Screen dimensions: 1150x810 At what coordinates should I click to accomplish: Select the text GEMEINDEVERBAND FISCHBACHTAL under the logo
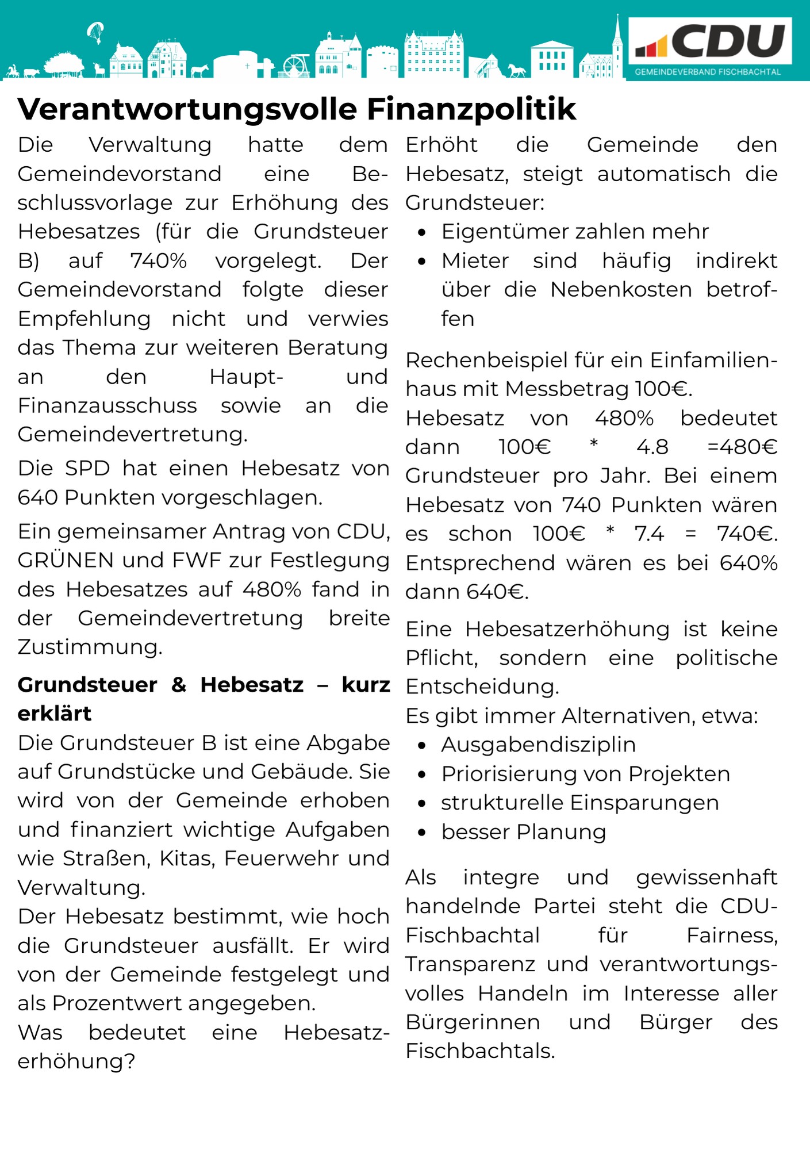(x=708, y=72)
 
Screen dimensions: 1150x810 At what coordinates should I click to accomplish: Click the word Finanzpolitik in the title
(x=471, y=109)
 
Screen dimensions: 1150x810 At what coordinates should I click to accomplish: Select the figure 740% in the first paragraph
(x=159, y=260)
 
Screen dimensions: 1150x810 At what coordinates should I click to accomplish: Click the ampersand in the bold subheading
(x=179, y=684)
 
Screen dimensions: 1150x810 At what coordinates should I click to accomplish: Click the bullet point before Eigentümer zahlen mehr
(x=423, y=232)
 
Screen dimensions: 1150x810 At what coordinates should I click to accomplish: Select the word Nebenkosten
(x=621, y=289)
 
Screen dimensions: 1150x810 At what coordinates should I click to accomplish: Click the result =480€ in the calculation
(x=742, y=447)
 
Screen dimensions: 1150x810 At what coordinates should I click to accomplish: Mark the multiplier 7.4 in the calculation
(x=649, y=534)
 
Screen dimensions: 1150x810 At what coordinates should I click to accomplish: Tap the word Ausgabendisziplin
(x=538, y=745)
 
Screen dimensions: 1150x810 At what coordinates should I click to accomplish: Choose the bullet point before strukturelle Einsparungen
(x=423, y=803)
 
